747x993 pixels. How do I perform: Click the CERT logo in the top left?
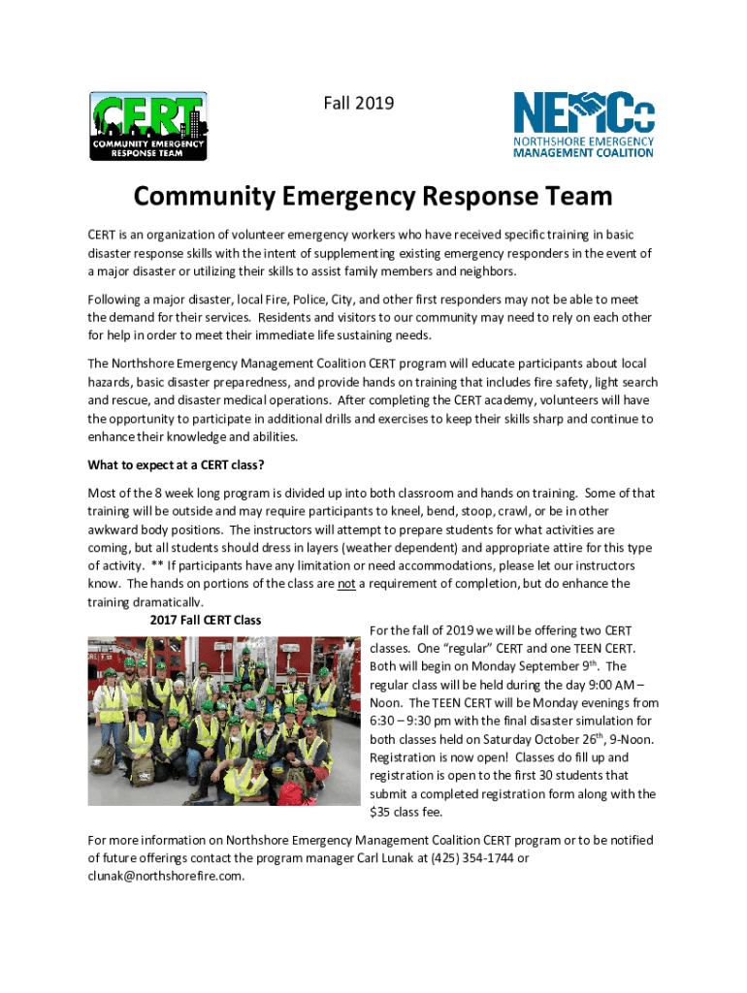pos(147,126)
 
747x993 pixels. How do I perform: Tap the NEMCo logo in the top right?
pos(583,124)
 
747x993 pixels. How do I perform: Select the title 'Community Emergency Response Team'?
pos(373,197)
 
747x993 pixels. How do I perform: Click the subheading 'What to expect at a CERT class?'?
pos(176,464)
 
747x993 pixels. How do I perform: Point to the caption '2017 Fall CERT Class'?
pos(206,620)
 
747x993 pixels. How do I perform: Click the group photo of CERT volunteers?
pos(223,720)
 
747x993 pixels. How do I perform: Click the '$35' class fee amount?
pos(380,812)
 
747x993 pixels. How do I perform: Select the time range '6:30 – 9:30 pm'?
pos(416,721)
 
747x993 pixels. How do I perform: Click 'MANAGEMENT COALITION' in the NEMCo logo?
pos(583,152)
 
